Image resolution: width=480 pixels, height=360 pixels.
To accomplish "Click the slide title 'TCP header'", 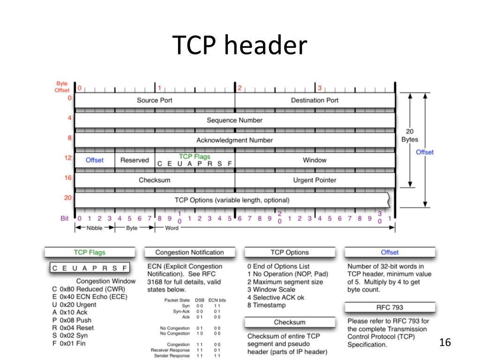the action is (x=240, y=45).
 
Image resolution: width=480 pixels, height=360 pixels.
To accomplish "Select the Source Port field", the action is (x=155, y=100).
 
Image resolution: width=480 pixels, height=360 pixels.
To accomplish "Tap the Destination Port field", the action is (x=315, y=100).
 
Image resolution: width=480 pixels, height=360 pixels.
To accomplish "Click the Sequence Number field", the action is (x=234, y=120).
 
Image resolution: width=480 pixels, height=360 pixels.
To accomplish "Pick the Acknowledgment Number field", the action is (x=234, y=140).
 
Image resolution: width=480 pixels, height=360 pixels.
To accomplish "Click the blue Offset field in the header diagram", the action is (x=94, y=160).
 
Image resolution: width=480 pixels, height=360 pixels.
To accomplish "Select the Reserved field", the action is (x=135, y=160).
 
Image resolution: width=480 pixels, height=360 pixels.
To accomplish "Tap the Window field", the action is (x=315, y=160).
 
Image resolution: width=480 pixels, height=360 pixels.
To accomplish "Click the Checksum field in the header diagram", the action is (x=155, y=180).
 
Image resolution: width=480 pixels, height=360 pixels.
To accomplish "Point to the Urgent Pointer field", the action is (x=315, y=180).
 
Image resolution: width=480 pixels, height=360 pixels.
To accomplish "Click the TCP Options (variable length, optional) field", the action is (x=232, y=200).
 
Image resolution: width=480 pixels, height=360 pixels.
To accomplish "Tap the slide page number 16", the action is (x=445, y=343).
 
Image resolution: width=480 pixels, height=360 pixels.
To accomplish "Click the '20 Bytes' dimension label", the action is (x=409, y=135).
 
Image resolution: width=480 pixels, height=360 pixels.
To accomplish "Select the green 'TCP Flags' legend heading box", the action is (x=90, y=253).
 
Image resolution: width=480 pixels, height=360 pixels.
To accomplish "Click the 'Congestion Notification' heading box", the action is (x=189, y=253).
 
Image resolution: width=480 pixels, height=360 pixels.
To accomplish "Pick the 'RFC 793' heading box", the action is (x=390, y=308).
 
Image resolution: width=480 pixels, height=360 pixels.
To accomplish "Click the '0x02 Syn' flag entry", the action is (x=70, y=336).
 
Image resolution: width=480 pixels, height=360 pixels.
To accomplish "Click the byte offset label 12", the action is (x=68, y=158).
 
